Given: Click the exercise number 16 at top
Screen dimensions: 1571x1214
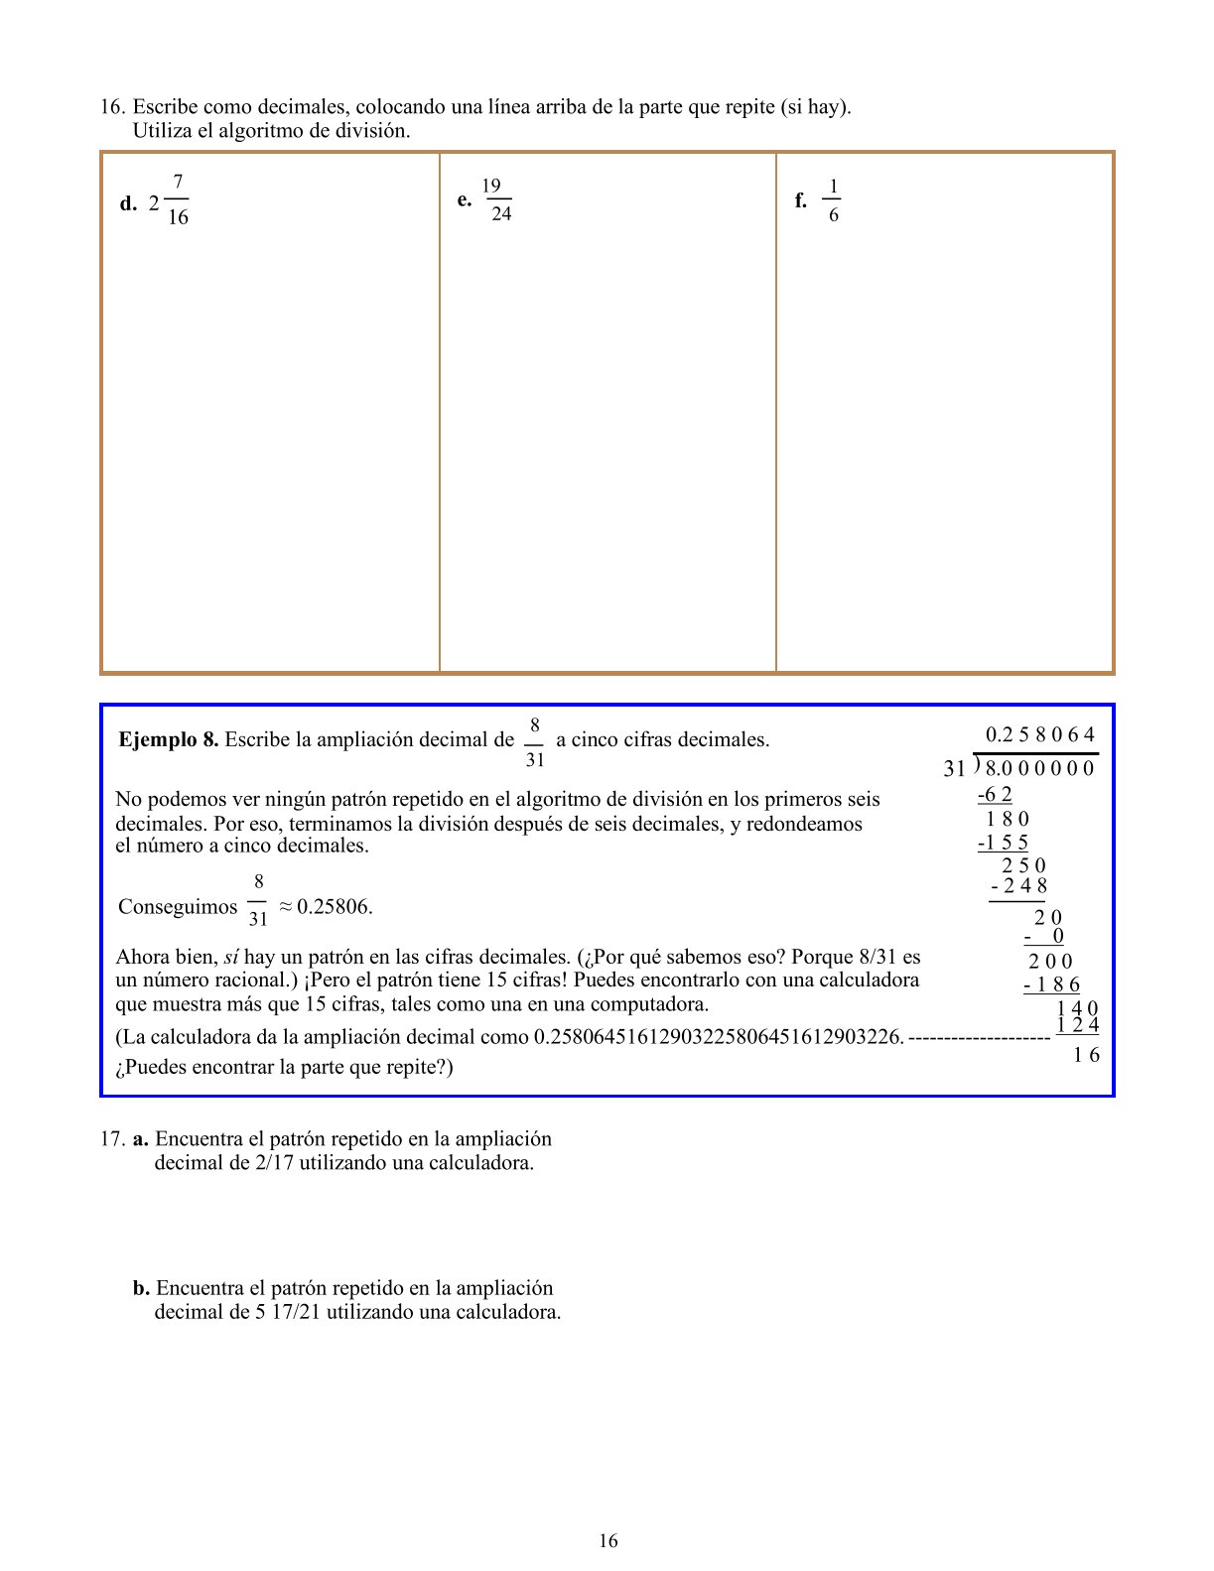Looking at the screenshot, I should [x=111, y=107].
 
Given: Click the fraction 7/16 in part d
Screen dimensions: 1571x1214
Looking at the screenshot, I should [x=177, y=200].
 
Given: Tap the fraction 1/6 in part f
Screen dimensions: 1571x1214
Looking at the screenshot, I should [x=832, y=200].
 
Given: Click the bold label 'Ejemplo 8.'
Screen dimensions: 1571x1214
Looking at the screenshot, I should [x=168, y=739].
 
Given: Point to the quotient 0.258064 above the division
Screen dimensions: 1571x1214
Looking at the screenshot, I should [x=1039, y=735].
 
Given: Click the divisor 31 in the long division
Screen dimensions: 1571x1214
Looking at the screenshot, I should [x=954, y=768].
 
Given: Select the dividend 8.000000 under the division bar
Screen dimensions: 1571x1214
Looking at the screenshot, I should [x=1039, y=768].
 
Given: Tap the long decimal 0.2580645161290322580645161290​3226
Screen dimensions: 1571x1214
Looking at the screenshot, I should [x=719, y=1038].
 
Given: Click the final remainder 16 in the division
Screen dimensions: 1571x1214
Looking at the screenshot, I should [x=1086, y=1055].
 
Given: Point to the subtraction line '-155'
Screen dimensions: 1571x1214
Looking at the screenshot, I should [x=1003, y=844].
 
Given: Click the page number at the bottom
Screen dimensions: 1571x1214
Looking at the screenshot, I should [x=607, y=1541].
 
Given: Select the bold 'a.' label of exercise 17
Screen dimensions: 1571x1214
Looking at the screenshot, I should [x=141, y=1139].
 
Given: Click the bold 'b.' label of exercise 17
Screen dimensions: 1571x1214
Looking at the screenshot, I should [x=142, y=1288].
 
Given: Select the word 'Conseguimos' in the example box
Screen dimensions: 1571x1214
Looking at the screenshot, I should [x=178, y=907].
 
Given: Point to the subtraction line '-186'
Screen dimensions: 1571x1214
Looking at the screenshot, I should [x=1051, y=985].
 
